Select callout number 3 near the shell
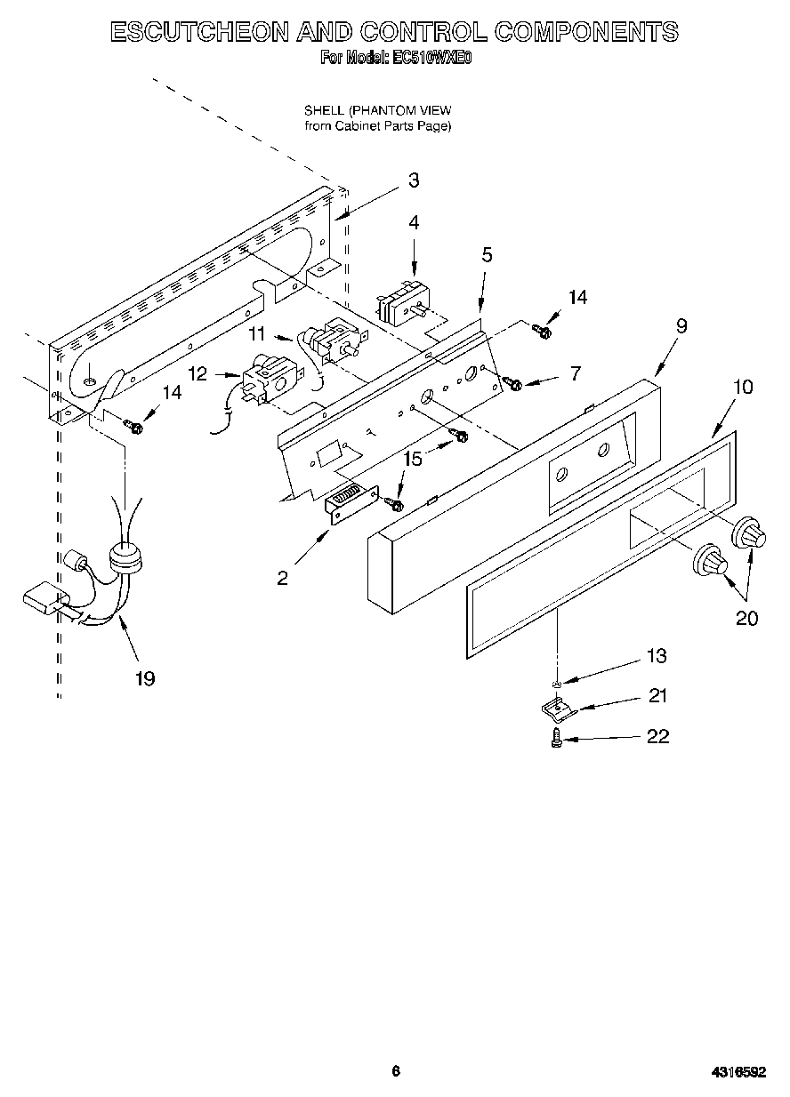coord(414,180)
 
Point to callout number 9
coord(681,326)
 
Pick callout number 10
coord(743,387)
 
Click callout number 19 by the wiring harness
coord(145,678)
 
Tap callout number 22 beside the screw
coord(657,737)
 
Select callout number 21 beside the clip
coord(657,696)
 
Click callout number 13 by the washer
coord(657,656)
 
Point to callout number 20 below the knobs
coord(746,618)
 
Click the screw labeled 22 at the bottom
coord(557,738)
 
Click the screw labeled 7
coord(512,382)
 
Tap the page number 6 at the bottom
coord(396,1071)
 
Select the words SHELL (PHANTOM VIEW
coord(378,110)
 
